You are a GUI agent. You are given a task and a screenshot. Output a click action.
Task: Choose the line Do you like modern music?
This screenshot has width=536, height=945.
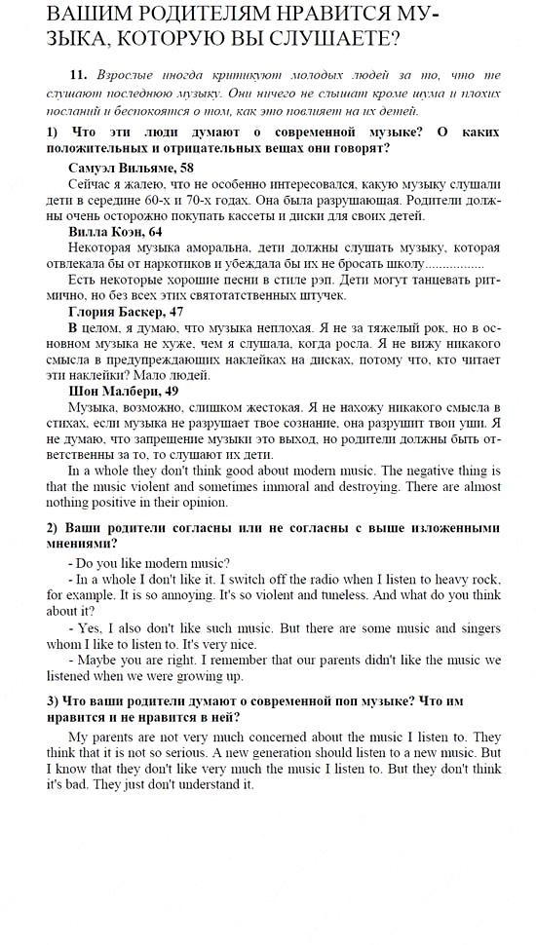[x=149, y=563]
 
